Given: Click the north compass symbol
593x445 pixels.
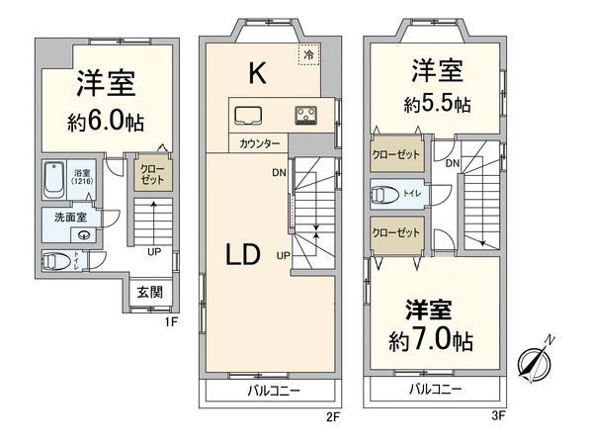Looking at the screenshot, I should [538, 362].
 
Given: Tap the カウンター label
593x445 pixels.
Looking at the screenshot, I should [258, 144].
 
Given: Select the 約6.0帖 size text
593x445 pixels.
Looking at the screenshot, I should [108, 125].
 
